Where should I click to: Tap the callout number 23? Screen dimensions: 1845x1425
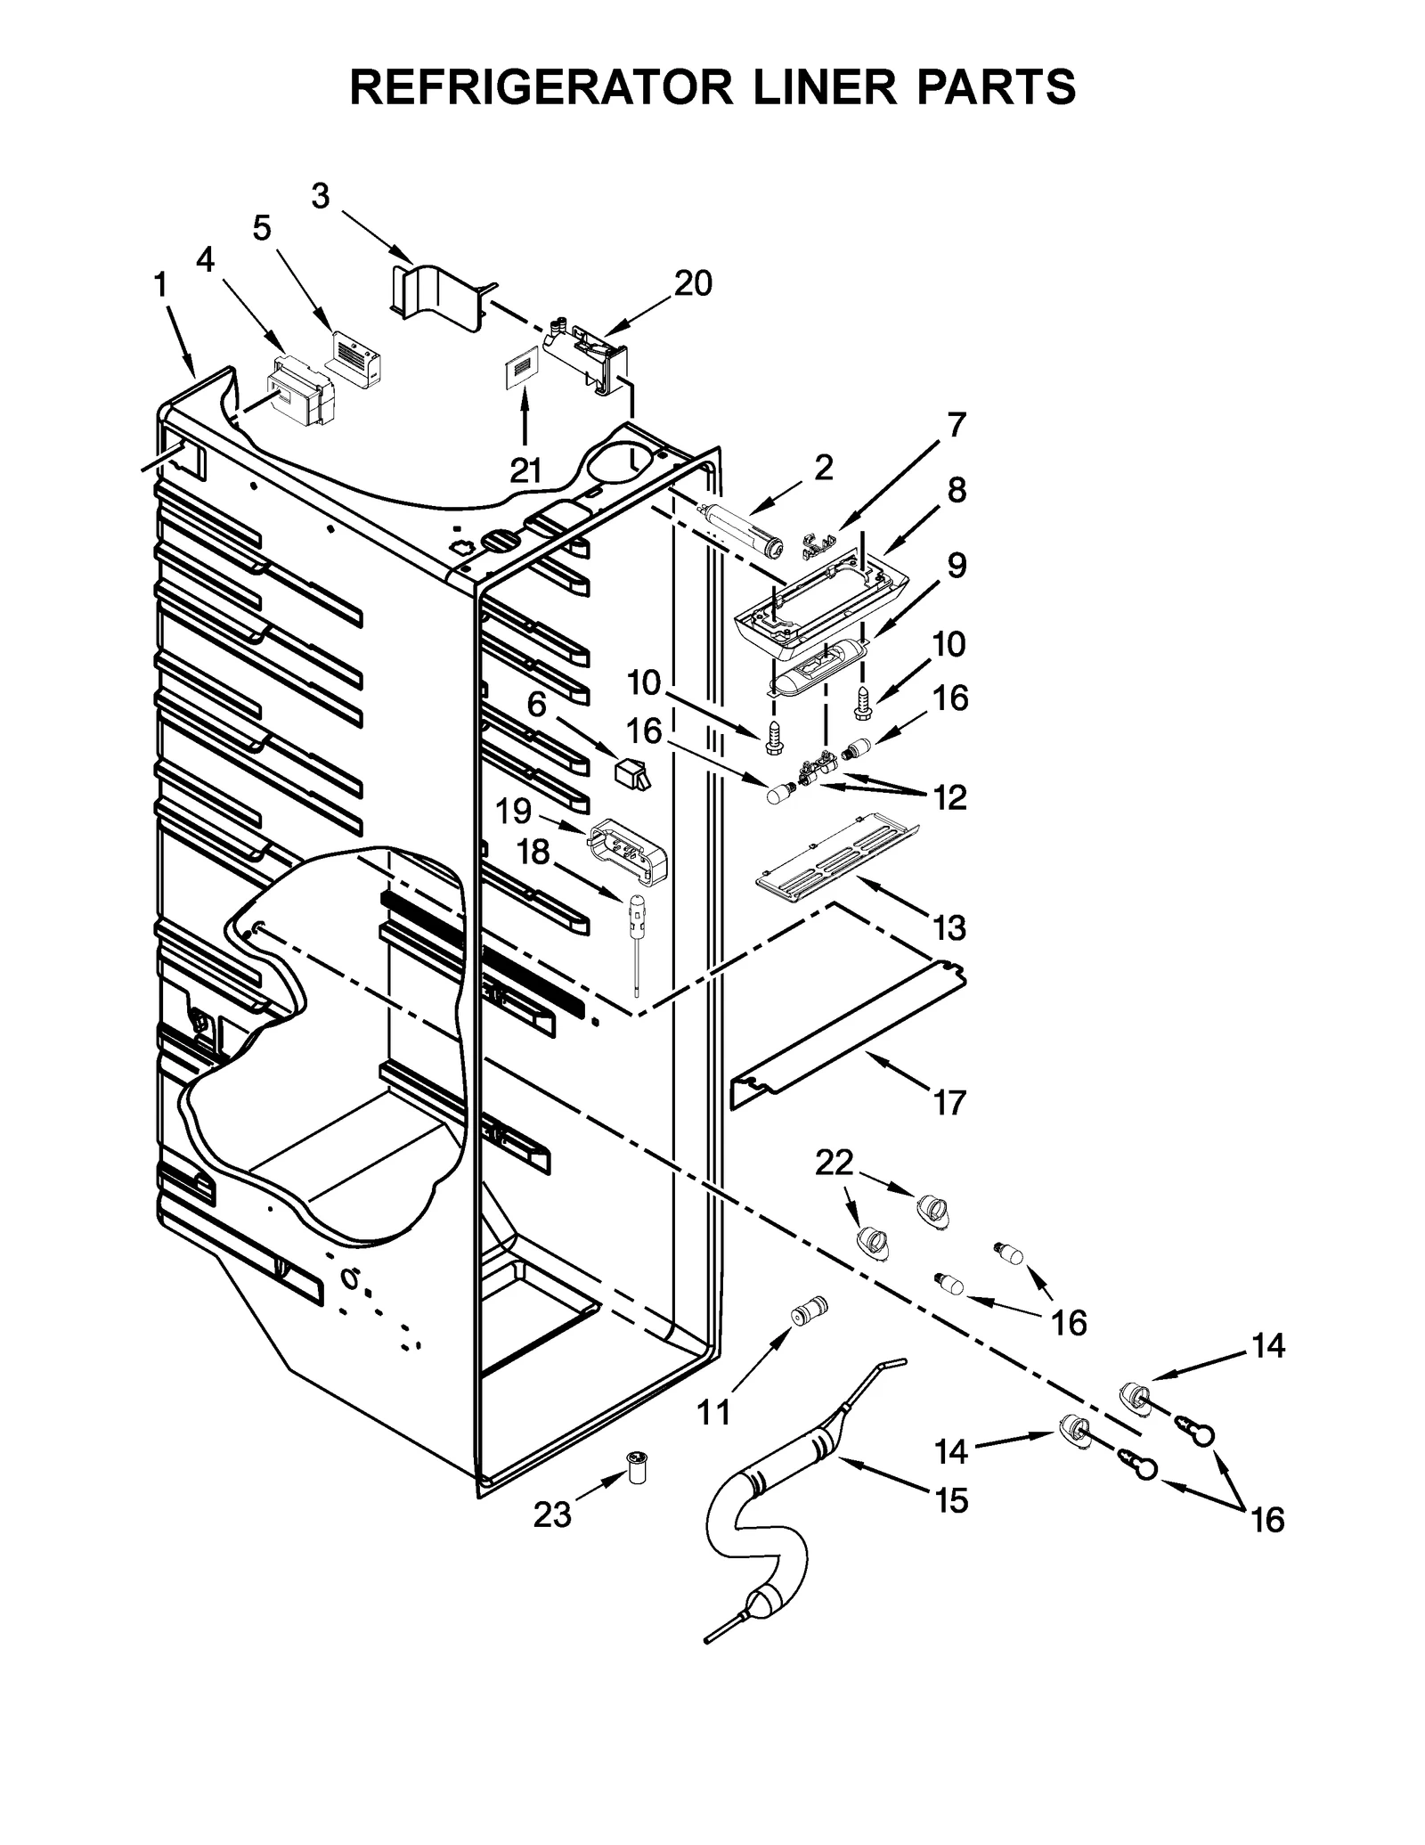coord(551,1514)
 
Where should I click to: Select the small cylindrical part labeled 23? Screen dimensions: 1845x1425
coord(638,1467)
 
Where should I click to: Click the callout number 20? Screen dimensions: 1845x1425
coord(693,283)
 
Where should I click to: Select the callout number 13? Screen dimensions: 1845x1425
coord(950,927)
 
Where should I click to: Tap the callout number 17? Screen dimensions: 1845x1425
coord(949,1102)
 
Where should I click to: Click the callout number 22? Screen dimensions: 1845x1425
coord(834,1162)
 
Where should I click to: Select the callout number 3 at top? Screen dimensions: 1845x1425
coord(321,195)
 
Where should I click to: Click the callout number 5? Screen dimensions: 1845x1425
coord(261,228)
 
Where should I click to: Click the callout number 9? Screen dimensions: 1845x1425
coord(956,565)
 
